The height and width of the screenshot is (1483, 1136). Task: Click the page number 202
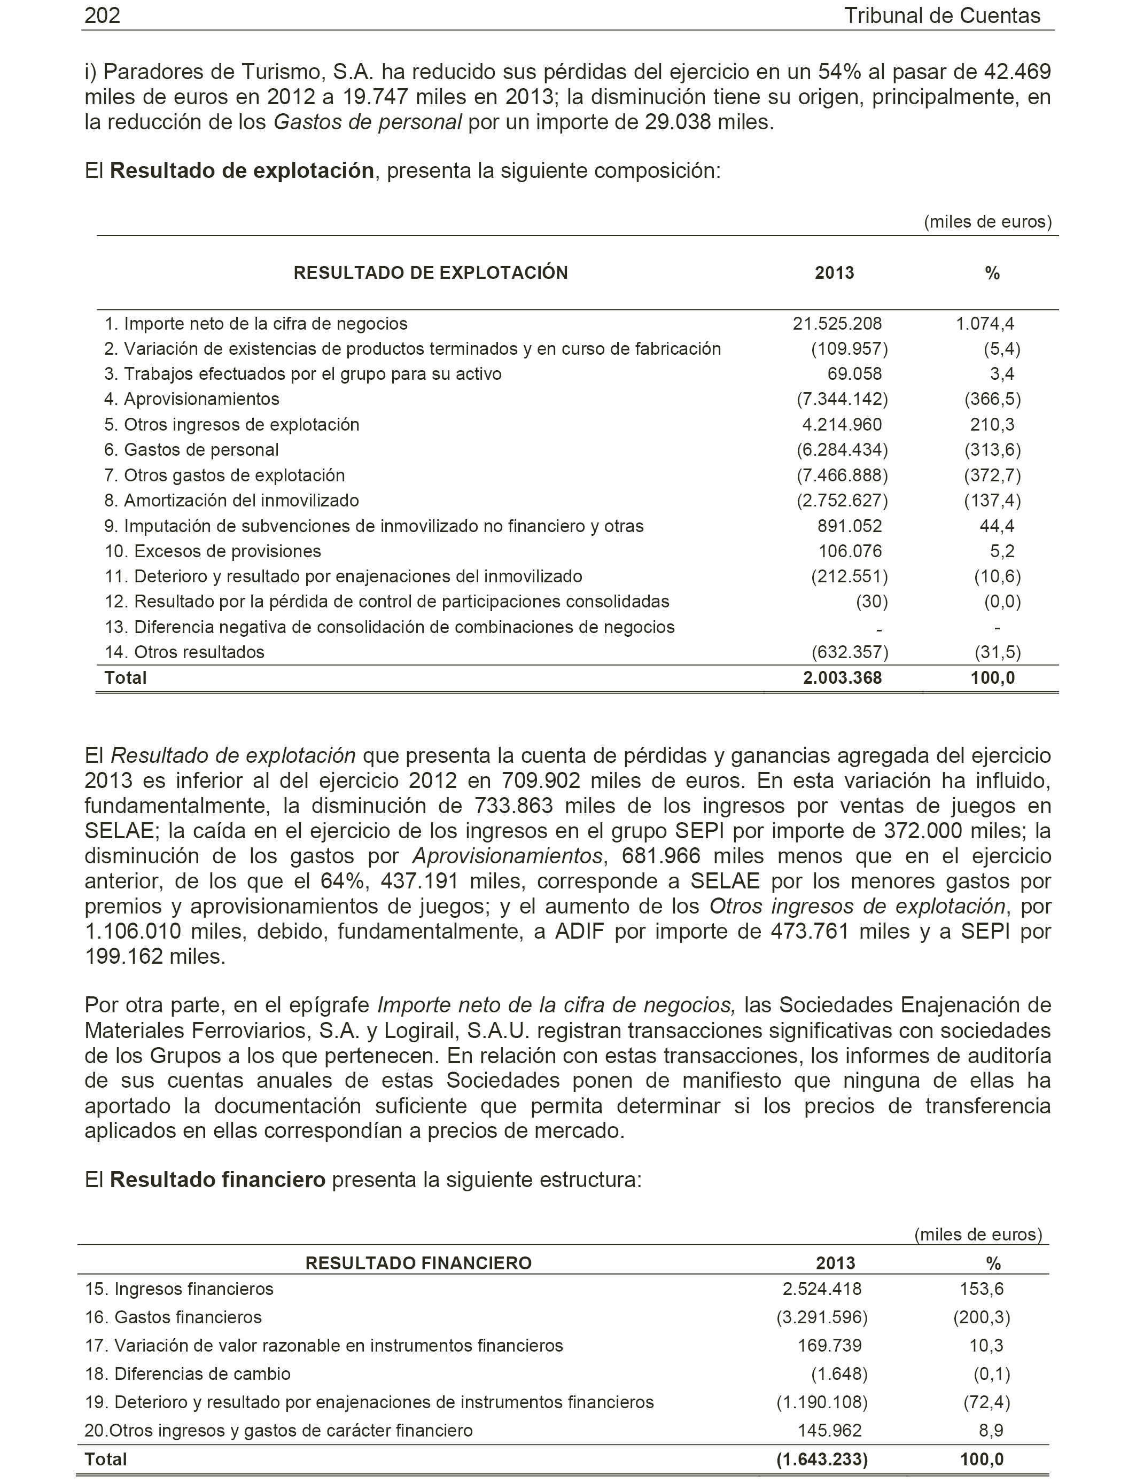[102, 15]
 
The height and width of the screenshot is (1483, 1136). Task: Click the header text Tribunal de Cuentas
[942, 15]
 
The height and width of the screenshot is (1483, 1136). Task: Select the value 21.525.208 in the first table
[837, 324]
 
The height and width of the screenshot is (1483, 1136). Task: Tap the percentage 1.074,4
[985, 324]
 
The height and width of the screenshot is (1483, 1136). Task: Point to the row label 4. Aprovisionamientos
[191, 399]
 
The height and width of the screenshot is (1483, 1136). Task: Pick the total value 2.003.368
[842, 678]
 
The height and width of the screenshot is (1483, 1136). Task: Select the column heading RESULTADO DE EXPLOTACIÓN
[431, 273]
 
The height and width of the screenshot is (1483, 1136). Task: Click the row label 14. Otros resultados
[184, 652]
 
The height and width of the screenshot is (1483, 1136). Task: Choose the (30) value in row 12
[872, 602]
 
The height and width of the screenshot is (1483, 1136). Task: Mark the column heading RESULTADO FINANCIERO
[418, 1263]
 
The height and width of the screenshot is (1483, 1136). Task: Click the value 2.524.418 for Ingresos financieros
[822, 1289]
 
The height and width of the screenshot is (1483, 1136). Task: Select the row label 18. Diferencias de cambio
[188, 1374]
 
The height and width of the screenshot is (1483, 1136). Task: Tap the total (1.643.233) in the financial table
[822, 1459]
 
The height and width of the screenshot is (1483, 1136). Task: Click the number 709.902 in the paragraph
[541, 780]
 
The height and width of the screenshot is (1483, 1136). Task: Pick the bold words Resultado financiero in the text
[217, 1180]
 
